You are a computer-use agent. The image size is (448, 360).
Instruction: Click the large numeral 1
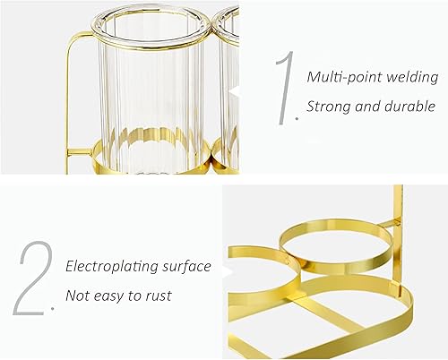(286, 88)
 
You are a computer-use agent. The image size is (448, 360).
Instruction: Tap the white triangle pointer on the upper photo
(235, 90)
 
